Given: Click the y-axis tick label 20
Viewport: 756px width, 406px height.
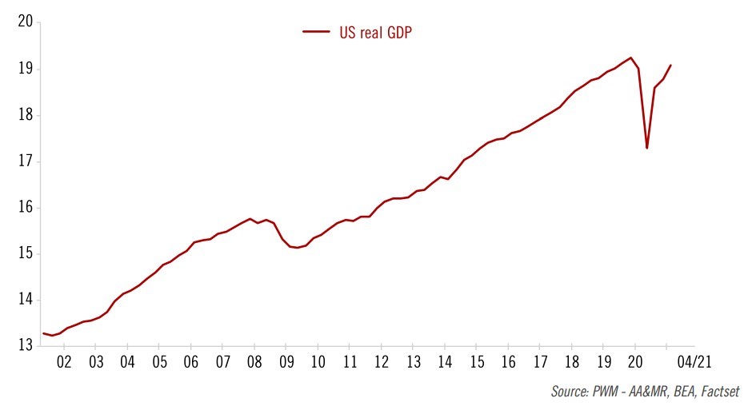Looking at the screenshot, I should point(24,22).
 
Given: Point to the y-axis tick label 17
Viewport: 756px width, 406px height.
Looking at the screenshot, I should point(24,161).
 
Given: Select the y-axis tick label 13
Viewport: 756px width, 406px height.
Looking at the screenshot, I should point(24,346).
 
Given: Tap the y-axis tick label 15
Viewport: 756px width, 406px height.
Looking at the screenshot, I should point(24,254).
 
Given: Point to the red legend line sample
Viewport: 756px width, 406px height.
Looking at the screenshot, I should point(316,32).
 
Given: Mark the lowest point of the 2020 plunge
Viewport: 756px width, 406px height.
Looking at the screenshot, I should point(646,148).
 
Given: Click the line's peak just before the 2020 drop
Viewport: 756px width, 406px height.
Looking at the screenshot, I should point(631,58).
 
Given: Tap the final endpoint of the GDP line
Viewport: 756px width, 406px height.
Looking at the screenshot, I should point(670,66).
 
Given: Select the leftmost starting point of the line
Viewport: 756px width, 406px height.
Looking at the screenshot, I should point(43,333).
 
